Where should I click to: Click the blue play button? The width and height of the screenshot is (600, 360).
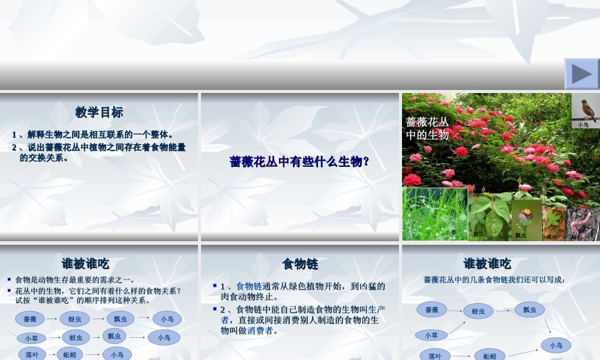tap(581, 74)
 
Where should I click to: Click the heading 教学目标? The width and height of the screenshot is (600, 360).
tap(100, 112)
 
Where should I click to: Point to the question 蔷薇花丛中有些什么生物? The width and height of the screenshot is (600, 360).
tap(299, 161)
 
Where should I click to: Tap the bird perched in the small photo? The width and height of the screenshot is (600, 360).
tap(584, 109)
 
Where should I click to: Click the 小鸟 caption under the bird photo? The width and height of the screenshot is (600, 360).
tap(583, 124)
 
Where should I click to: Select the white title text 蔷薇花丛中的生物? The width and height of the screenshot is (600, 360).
tap(427, 128)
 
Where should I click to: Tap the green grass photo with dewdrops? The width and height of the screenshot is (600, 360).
tap(434, 213)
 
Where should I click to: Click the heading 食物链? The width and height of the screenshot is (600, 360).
tap(300, 264)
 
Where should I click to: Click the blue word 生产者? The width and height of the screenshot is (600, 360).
tap(376, 310)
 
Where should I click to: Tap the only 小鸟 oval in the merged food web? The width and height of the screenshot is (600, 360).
tap(556, 345)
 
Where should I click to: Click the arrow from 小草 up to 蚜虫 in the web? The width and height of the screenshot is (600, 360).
tap(457, 328)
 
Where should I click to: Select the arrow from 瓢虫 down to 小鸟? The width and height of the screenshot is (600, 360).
tap(547, 326)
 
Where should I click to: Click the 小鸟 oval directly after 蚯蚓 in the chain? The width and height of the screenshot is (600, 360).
tap(117, 355)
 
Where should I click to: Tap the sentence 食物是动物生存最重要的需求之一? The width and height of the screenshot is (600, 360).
tap(75, 280)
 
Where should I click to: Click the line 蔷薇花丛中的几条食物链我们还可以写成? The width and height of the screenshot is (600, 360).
tap(494, 280)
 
